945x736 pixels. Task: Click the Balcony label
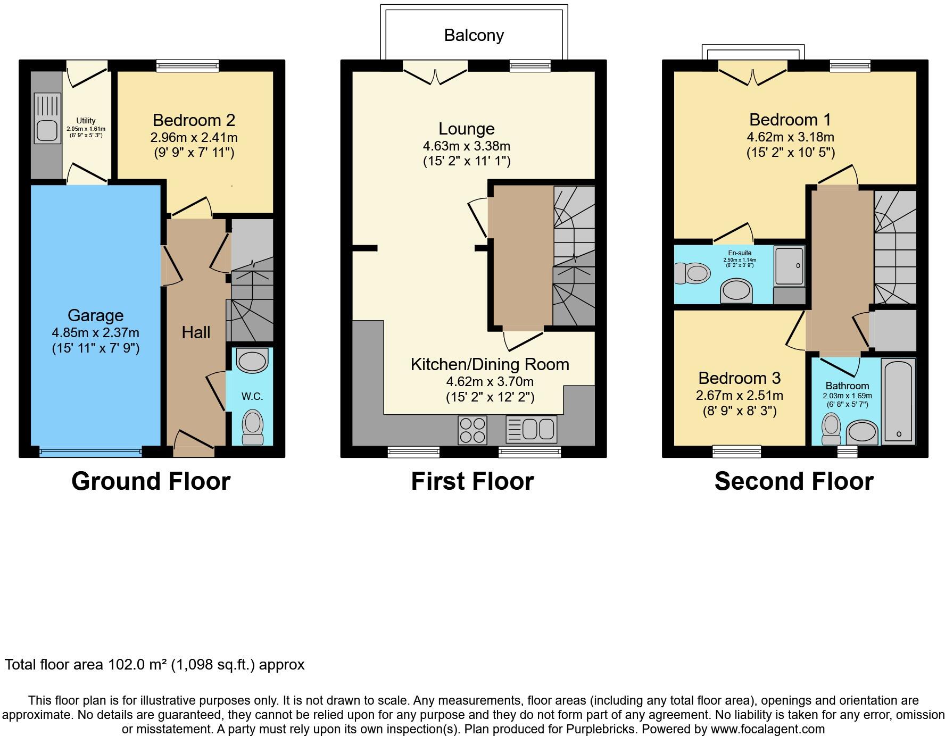[x=474, y=35]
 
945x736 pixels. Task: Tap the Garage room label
[x=96, y=315]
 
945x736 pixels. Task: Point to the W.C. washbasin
[x=252, y=361]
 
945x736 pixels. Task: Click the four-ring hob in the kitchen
[x=473, y=430]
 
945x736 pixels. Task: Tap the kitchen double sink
[x=532, y=429]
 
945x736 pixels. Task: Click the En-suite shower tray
[x=789, y=266]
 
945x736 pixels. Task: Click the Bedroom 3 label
[x=739, y=378]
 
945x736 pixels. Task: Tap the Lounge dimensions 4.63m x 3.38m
[x=467, y=146]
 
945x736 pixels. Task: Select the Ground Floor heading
[x=151, y=481]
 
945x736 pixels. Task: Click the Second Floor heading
[x=794, y=481]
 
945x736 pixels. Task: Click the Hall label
[x=196, y=332]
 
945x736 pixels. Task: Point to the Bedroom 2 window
[x=187, y=65]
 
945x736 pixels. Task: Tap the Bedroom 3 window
[x=737, y=451]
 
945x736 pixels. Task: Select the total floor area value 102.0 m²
[x=138, y=665]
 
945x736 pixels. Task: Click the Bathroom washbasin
[x=862, y=433]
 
